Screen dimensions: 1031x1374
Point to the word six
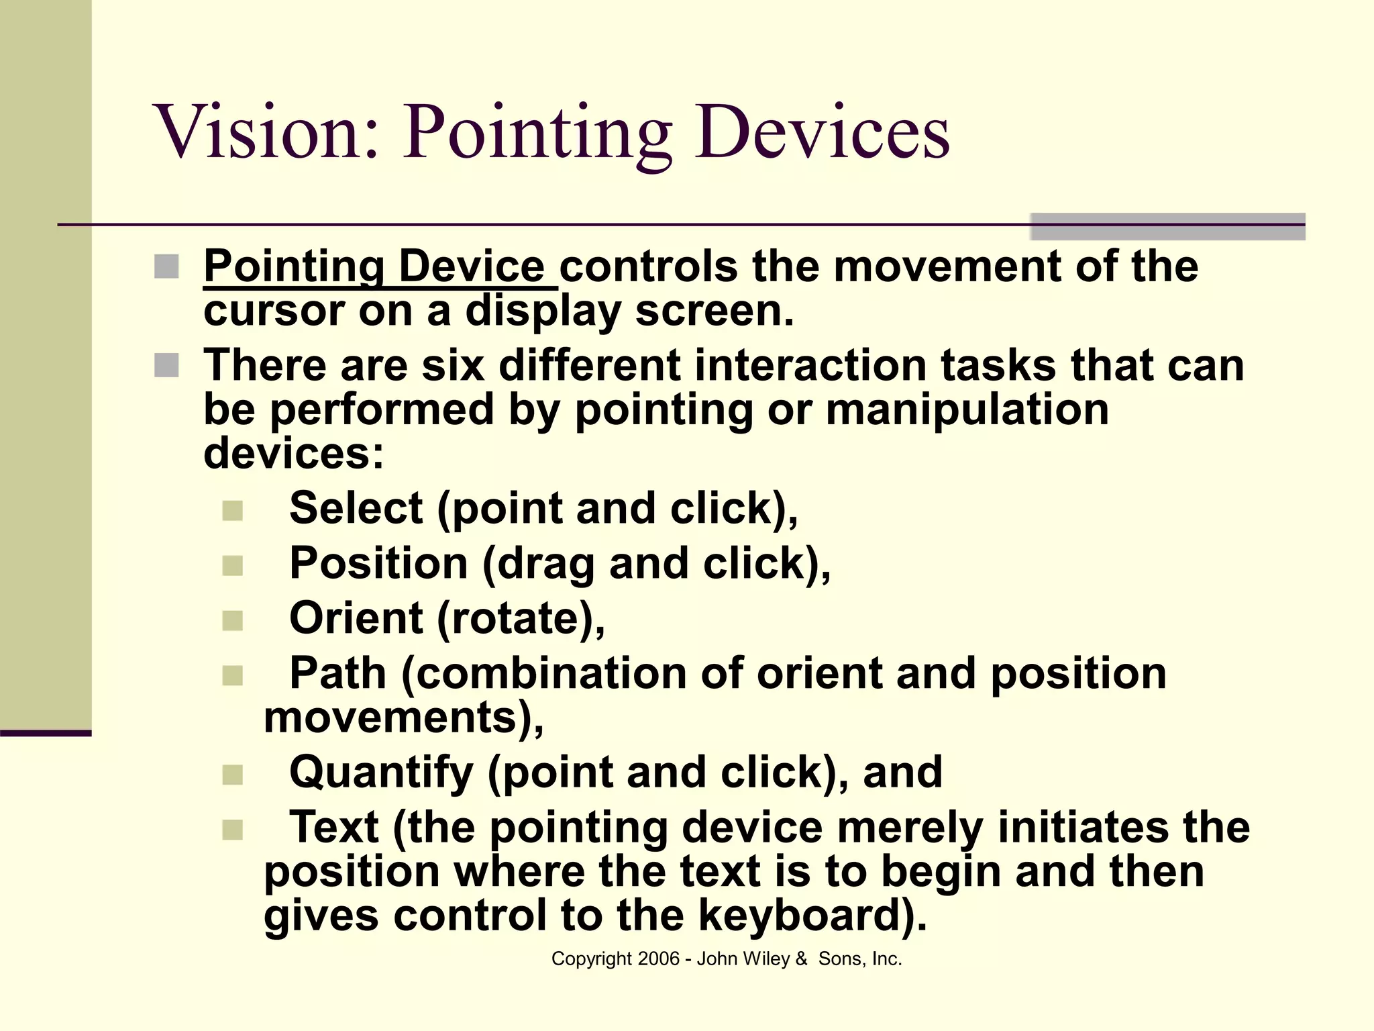coord(452,366)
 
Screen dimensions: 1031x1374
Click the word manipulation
coord(967,409)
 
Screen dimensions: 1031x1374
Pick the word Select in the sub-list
coord(356,508)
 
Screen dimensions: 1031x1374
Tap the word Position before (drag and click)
coord(378,563)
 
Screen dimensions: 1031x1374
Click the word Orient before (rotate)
coord(356,618)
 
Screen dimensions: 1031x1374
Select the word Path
coord(337,673)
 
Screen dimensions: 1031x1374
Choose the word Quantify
coord(381,773)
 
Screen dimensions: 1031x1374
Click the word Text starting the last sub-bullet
coord(333,828)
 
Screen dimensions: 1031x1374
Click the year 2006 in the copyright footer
coord(659,959)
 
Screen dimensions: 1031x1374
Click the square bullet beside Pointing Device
coord(166,266)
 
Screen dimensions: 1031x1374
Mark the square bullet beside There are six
coord(166,366)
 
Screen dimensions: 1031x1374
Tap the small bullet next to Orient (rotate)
coord(232,620)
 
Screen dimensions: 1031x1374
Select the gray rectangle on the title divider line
coord(1167,227)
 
